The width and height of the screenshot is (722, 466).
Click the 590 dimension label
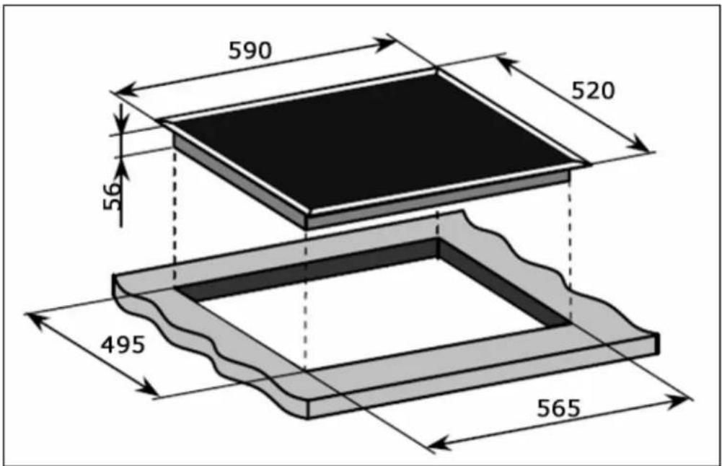250,50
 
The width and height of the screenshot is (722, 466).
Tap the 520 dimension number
593,91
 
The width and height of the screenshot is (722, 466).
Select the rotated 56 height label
112,196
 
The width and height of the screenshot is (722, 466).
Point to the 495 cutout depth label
123,344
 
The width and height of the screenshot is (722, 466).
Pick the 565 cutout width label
558,408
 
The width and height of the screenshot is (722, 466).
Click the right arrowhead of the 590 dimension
385,45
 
